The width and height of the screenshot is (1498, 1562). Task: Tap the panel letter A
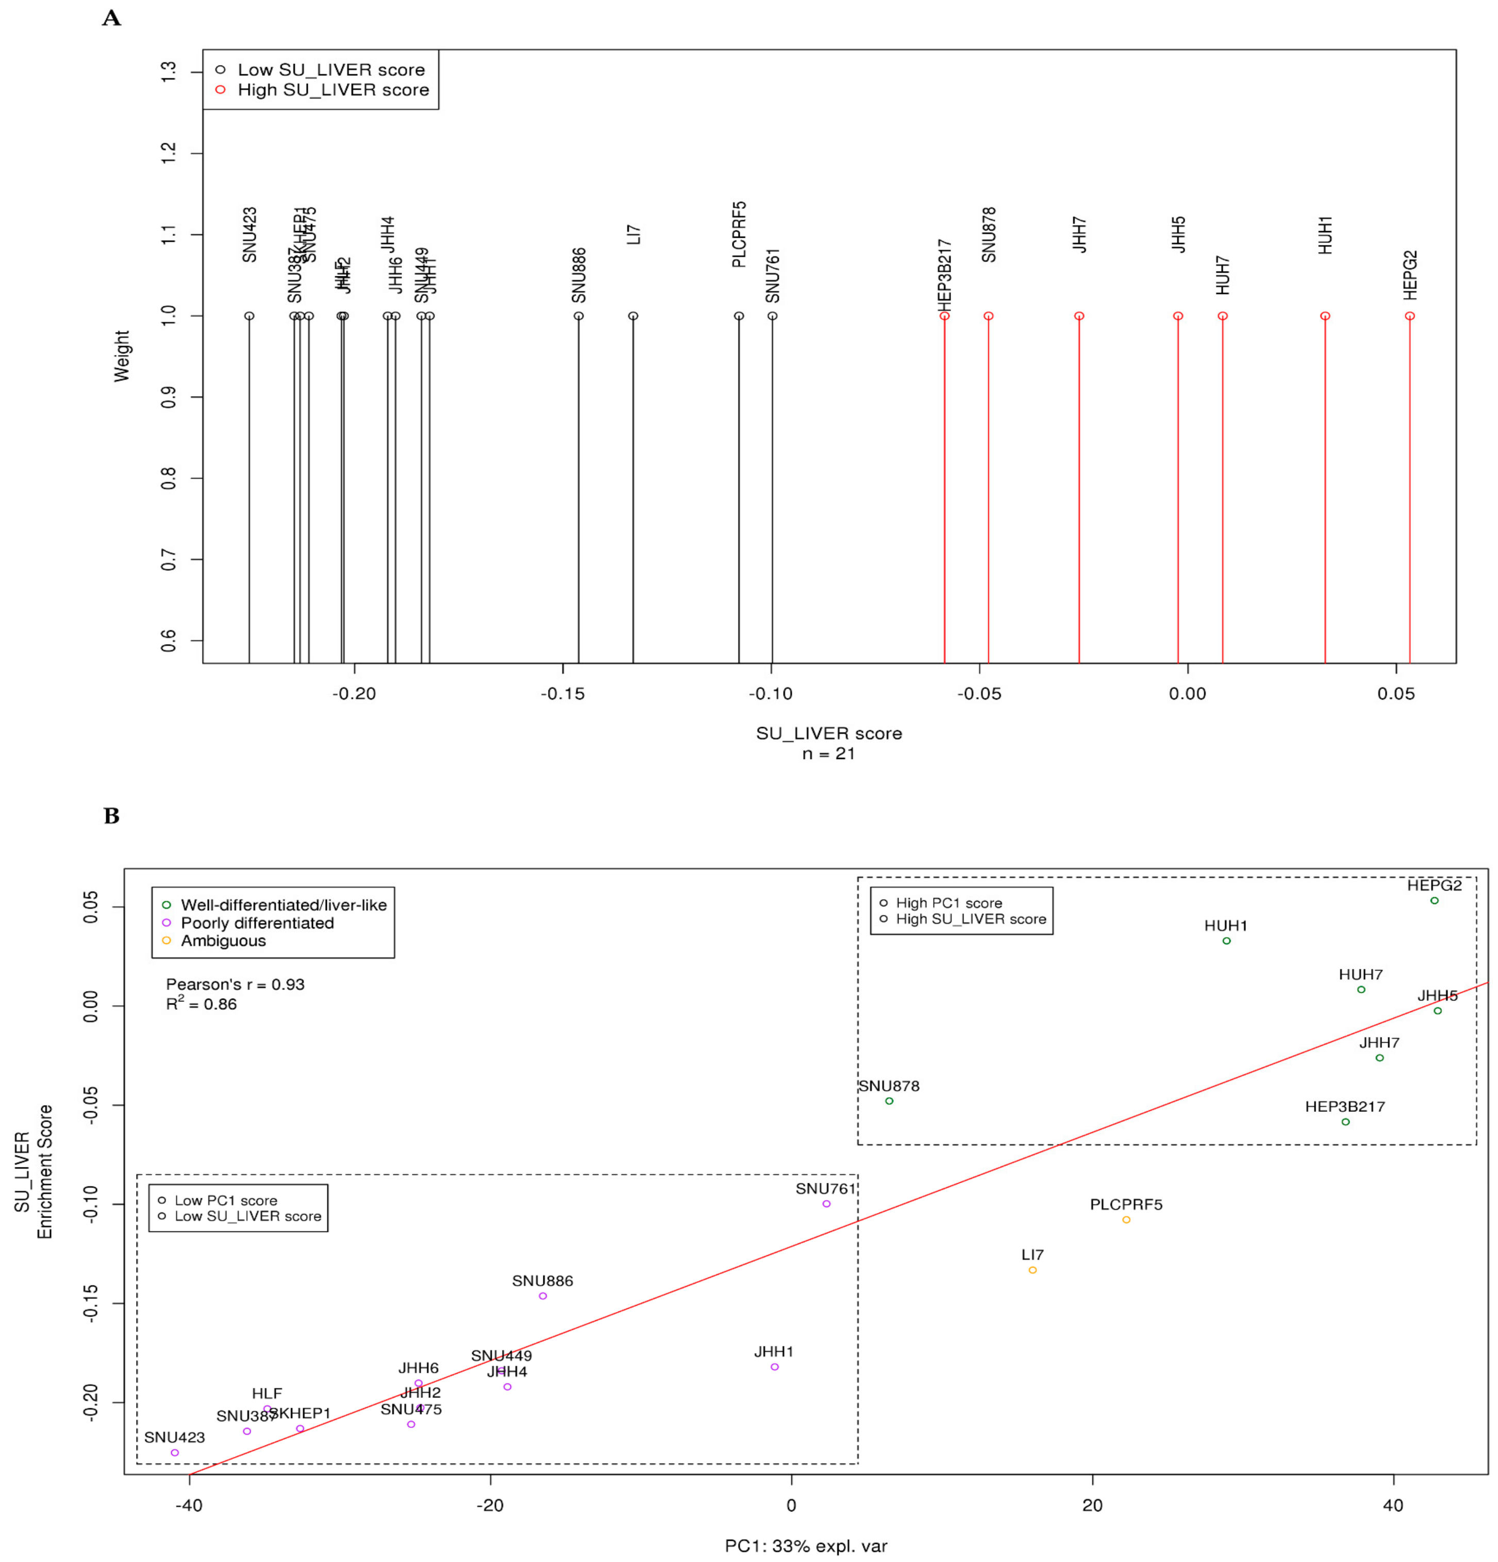click(111, 18)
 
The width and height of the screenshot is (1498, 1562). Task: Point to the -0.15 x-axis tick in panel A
click(562, 694)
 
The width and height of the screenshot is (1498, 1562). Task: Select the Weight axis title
click(121, 356)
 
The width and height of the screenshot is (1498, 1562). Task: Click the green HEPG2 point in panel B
click(1434, 900)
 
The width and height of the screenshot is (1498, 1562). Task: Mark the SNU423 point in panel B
click(175, 1453)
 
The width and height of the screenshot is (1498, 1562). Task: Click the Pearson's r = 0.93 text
click(235, 984)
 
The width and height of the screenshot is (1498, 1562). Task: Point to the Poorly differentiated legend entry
click(257, 923)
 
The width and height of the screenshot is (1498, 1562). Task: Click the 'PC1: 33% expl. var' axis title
click(806, 1546)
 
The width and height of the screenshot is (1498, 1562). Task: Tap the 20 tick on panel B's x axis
click(1092, 1505)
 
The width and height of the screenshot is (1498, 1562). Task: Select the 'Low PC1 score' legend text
click(225, 1200)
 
